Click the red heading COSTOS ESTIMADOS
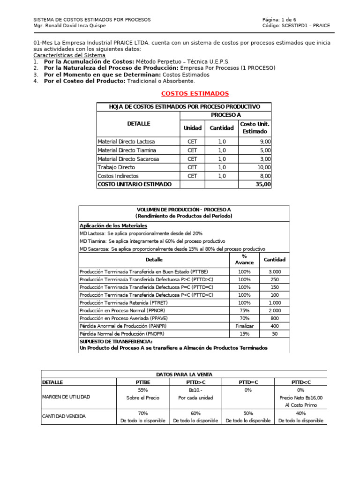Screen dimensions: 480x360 [x=195, y=94]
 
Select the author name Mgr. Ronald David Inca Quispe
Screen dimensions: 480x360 [x=69, y=26]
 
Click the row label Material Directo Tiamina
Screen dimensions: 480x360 [x=127, y=150]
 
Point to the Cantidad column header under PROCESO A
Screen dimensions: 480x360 [x=222, y=128]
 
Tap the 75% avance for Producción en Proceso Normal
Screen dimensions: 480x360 [x=244, y=311]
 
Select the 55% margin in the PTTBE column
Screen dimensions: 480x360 [x=143, y=390]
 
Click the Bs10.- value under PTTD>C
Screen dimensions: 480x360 [x=195, y=390]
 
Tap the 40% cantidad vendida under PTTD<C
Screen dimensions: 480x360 [x=300, y=413]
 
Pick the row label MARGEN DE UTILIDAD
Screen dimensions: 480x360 [x=66, y=397]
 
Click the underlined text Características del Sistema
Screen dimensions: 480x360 [x=69, y=55]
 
